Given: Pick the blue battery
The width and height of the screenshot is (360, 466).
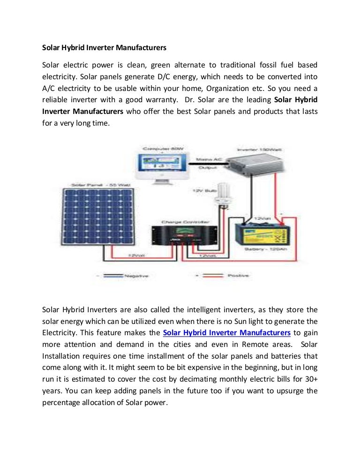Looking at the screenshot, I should (262, 233).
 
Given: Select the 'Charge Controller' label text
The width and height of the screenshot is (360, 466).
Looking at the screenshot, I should (185, 221).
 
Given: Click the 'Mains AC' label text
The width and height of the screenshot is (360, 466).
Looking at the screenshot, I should (210, 159).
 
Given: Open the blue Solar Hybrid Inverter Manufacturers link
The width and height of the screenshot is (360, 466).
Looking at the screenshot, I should (227, 333).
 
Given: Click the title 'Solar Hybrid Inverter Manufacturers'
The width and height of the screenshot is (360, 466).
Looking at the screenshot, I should (104, 48).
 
